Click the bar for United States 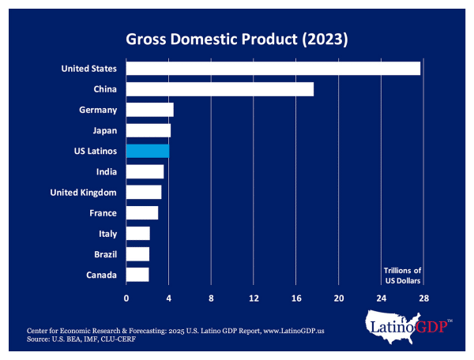(273, 69)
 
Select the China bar (220, 89)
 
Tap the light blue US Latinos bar (148, 151)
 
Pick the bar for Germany (149, 110)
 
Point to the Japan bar (149, 130)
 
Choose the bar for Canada (137, 275)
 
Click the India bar (145, 171)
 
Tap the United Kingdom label (83, 193)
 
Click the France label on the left (103, 213)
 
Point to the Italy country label (107, 234)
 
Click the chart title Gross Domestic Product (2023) (237, 38)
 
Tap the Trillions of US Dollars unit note (402, 276)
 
